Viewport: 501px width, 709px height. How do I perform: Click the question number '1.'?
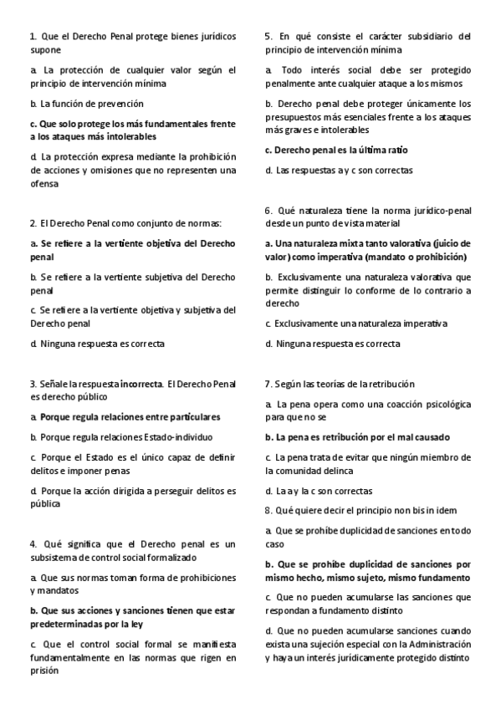[33, 37]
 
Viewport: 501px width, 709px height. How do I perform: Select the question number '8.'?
[268, 510]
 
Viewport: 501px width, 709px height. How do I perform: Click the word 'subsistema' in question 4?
[54, 557]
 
